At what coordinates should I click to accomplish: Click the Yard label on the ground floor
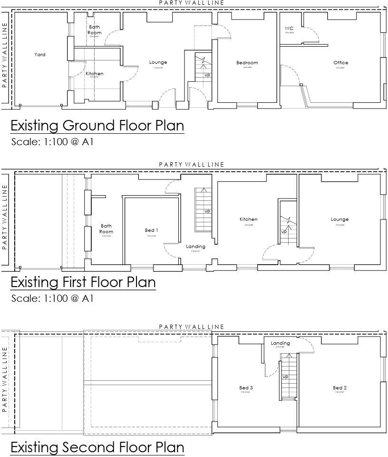coord(40,55)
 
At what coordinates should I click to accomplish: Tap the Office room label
coord(340,62)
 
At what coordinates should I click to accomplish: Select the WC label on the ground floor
coord(289,29)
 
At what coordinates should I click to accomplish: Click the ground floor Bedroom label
coord(247,63)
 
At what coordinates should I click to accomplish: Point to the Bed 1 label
coord(152,230)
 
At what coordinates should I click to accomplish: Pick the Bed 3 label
coord(246,388)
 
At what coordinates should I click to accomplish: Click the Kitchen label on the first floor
coord(248,219)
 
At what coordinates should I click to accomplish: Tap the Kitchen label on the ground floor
coord(94,74)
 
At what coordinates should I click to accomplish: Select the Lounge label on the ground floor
coord(158,62)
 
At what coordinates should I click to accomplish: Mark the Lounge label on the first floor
coord(339,219)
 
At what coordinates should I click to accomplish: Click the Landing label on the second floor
coord(280,343)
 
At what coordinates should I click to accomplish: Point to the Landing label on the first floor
coord(195,247)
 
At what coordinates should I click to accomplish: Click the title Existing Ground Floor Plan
coord(97,126)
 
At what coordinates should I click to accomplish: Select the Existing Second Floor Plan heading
coord(97,447)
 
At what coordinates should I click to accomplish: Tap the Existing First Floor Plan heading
coord(83,282)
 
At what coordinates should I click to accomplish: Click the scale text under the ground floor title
coord(52,141)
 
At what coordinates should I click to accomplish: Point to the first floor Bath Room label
coord(106,229)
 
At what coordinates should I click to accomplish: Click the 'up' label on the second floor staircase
coord(285,377)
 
